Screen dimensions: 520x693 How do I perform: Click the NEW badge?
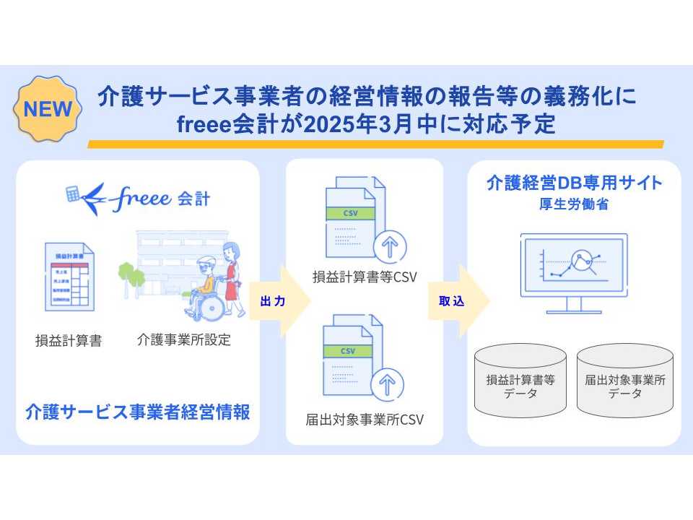pos(48,110)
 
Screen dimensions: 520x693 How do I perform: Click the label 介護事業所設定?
pos(184,339)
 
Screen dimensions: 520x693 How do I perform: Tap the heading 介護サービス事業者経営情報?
pos(137,413)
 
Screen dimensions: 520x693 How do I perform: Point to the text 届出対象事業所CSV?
pos(365,419)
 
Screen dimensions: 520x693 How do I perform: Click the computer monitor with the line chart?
pos(574,267)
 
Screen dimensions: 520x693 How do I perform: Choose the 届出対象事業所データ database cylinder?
pos(625,381)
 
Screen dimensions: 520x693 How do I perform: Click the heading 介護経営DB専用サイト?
pos(575,183)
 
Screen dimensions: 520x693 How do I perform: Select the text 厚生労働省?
pos(575,204)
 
